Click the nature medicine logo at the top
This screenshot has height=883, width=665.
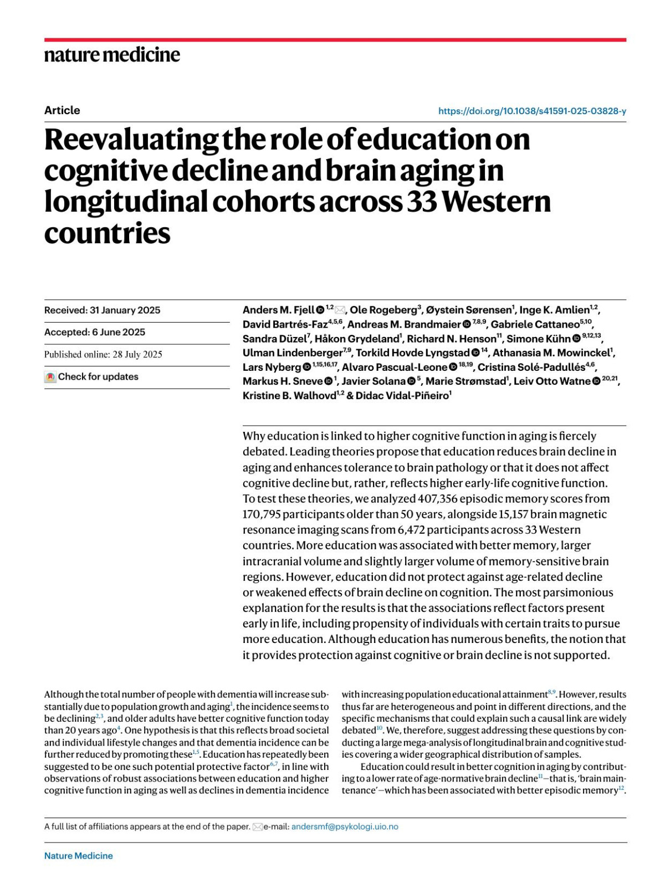click(x=112, y=54)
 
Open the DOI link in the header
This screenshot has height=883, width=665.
click(x=532, y=111)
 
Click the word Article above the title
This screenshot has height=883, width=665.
click(x=62, y=110)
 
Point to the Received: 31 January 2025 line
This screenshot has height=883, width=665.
click(x=103, y=310)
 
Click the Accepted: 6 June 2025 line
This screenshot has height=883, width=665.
click(x=95, y=332)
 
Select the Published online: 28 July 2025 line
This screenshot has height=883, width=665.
click(x=103, y=354)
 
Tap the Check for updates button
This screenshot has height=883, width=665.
click(x=92, y=377)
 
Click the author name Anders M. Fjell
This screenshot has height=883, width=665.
click(x=278, y=310)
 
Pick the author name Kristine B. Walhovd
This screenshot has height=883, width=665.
click(x=289, y=396)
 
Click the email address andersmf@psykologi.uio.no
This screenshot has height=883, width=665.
click(x=345, y=827)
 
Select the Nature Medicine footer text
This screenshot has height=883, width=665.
click(x=78, y=856)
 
